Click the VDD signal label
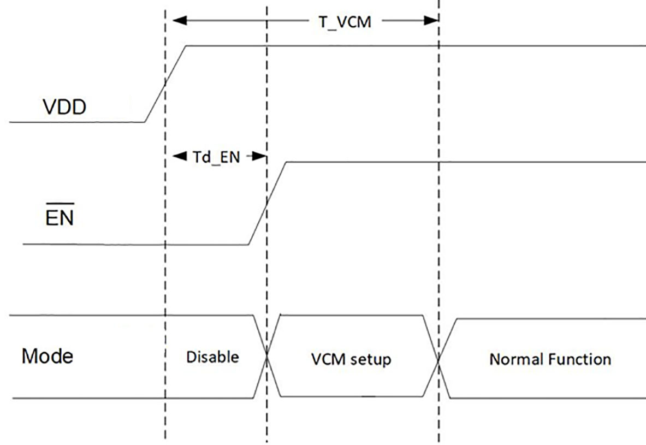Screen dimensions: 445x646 (64, 108)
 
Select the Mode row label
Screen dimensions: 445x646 (48, 357)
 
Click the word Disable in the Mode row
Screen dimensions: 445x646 (212, 357)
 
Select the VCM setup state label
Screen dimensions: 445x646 (351, 360)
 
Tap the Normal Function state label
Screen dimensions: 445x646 (550, 359)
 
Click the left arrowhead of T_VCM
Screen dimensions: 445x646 (179, 21)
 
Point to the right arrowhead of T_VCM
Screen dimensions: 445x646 (432, 21)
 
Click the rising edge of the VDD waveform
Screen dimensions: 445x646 (165, 84)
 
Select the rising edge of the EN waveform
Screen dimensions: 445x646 (267, 203)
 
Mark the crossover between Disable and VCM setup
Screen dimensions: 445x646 (267, 356)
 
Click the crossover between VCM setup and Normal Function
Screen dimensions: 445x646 (438, 358)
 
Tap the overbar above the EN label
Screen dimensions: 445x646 (60, 206)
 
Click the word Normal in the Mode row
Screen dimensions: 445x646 (517, 359)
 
